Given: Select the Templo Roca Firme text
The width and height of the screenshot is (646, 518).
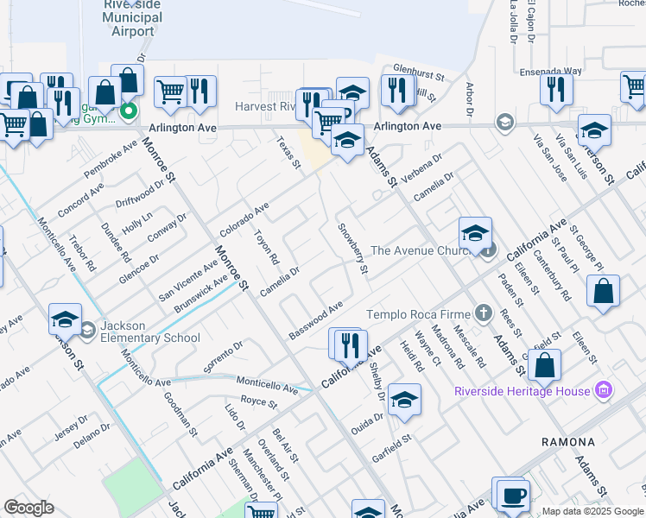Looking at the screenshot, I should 420,314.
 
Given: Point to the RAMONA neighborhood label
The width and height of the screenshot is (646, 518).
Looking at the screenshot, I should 568,442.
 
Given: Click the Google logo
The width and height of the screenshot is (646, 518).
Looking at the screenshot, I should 28,508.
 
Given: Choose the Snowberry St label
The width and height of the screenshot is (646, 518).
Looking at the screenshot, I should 352,250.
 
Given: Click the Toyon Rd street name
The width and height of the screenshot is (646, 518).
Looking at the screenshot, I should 266,247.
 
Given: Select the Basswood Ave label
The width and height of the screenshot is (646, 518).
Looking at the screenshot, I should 316,320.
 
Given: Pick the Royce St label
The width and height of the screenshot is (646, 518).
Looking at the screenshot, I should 258,402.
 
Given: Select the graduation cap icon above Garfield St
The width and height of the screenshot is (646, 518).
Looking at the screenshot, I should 404,400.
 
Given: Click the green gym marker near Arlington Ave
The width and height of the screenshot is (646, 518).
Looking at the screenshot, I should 129,111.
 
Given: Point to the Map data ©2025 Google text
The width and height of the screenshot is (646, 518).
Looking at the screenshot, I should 592,511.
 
